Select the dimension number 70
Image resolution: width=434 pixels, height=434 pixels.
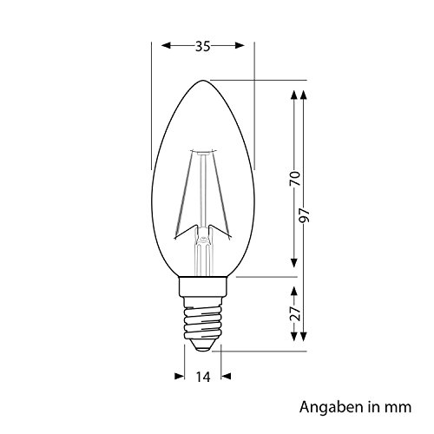296,179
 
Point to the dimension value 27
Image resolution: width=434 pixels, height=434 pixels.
296,314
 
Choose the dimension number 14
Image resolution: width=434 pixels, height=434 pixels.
203,378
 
